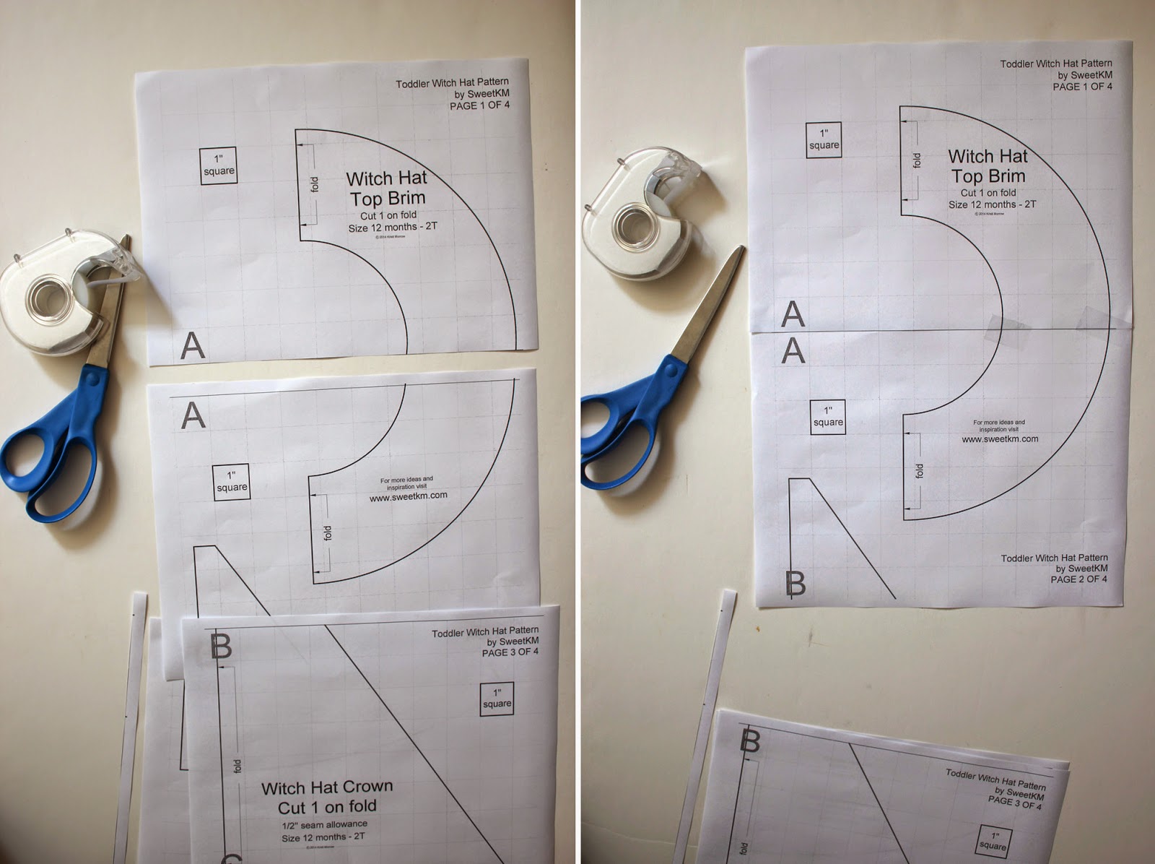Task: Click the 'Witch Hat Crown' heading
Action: pos(327,787)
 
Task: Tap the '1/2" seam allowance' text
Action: pos(324,824)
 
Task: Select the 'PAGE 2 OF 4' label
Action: pos(1078,579)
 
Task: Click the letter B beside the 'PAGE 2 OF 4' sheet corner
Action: pos(795,583)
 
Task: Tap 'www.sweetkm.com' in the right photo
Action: pos(1000,439)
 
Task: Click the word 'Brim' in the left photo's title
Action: pos(407,198)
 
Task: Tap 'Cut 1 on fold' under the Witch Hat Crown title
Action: pos(327,806)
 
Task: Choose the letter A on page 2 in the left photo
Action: pos(193,415)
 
